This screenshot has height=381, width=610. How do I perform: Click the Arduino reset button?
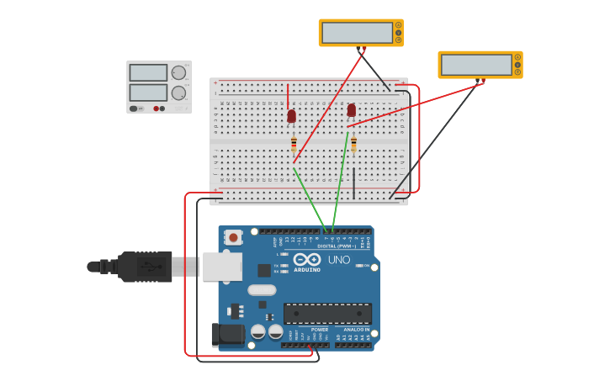coord(233,238)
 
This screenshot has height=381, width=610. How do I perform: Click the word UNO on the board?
coord(338,260)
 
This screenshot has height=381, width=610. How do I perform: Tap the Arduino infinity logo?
coord(307,259)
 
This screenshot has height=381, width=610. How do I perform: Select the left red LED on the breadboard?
coord(292,116)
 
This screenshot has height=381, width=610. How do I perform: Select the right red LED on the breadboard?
coord(352,110)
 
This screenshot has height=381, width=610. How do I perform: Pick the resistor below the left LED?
coord(294,143)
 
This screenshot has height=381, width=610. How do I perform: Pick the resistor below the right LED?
coord(353,145)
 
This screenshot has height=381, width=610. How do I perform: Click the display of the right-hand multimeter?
coord(475,65)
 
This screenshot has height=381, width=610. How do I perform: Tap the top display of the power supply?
coord(148,73)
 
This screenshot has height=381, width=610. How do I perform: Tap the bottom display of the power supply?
coord(148,92)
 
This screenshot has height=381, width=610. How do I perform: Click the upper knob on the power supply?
coord(178,73)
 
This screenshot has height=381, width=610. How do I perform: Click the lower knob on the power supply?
coord(178,93)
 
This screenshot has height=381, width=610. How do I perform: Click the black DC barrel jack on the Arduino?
coord(227,335)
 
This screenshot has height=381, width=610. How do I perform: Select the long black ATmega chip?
coord(327,314)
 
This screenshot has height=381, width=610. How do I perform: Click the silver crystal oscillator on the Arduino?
coord(262,290)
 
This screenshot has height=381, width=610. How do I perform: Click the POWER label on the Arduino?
coord(319,329)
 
